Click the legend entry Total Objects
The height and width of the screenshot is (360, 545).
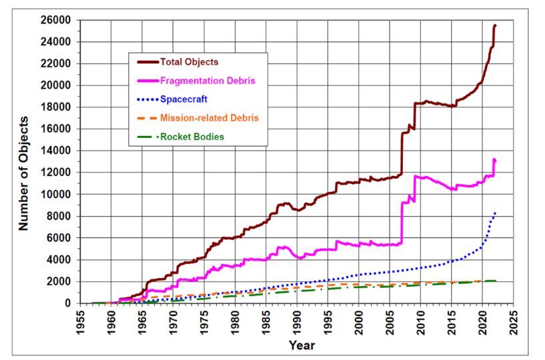(x=189, y=62)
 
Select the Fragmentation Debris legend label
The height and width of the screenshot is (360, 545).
(x=208, y=81)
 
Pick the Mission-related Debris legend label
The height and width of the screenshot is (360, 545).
(x=209, y=118)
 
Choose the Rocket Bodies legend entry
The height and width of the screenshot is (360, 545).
(x=192, y=137)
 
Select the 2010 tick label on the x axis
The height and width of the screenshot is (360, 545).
(x=422, y=321)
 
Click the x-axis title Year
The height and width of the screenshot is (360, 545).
(x=302, y=345)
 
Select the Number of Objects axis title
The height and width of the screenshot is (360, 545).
(x=24, y=173)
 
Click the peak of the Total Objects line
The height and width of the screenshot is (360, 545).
(x=495, y=25)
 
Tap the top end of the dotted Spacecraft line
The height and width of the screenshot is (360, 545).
(x=495, y=213)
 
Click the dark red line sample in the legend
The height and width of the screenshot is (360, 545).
(x=148, y=62)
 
